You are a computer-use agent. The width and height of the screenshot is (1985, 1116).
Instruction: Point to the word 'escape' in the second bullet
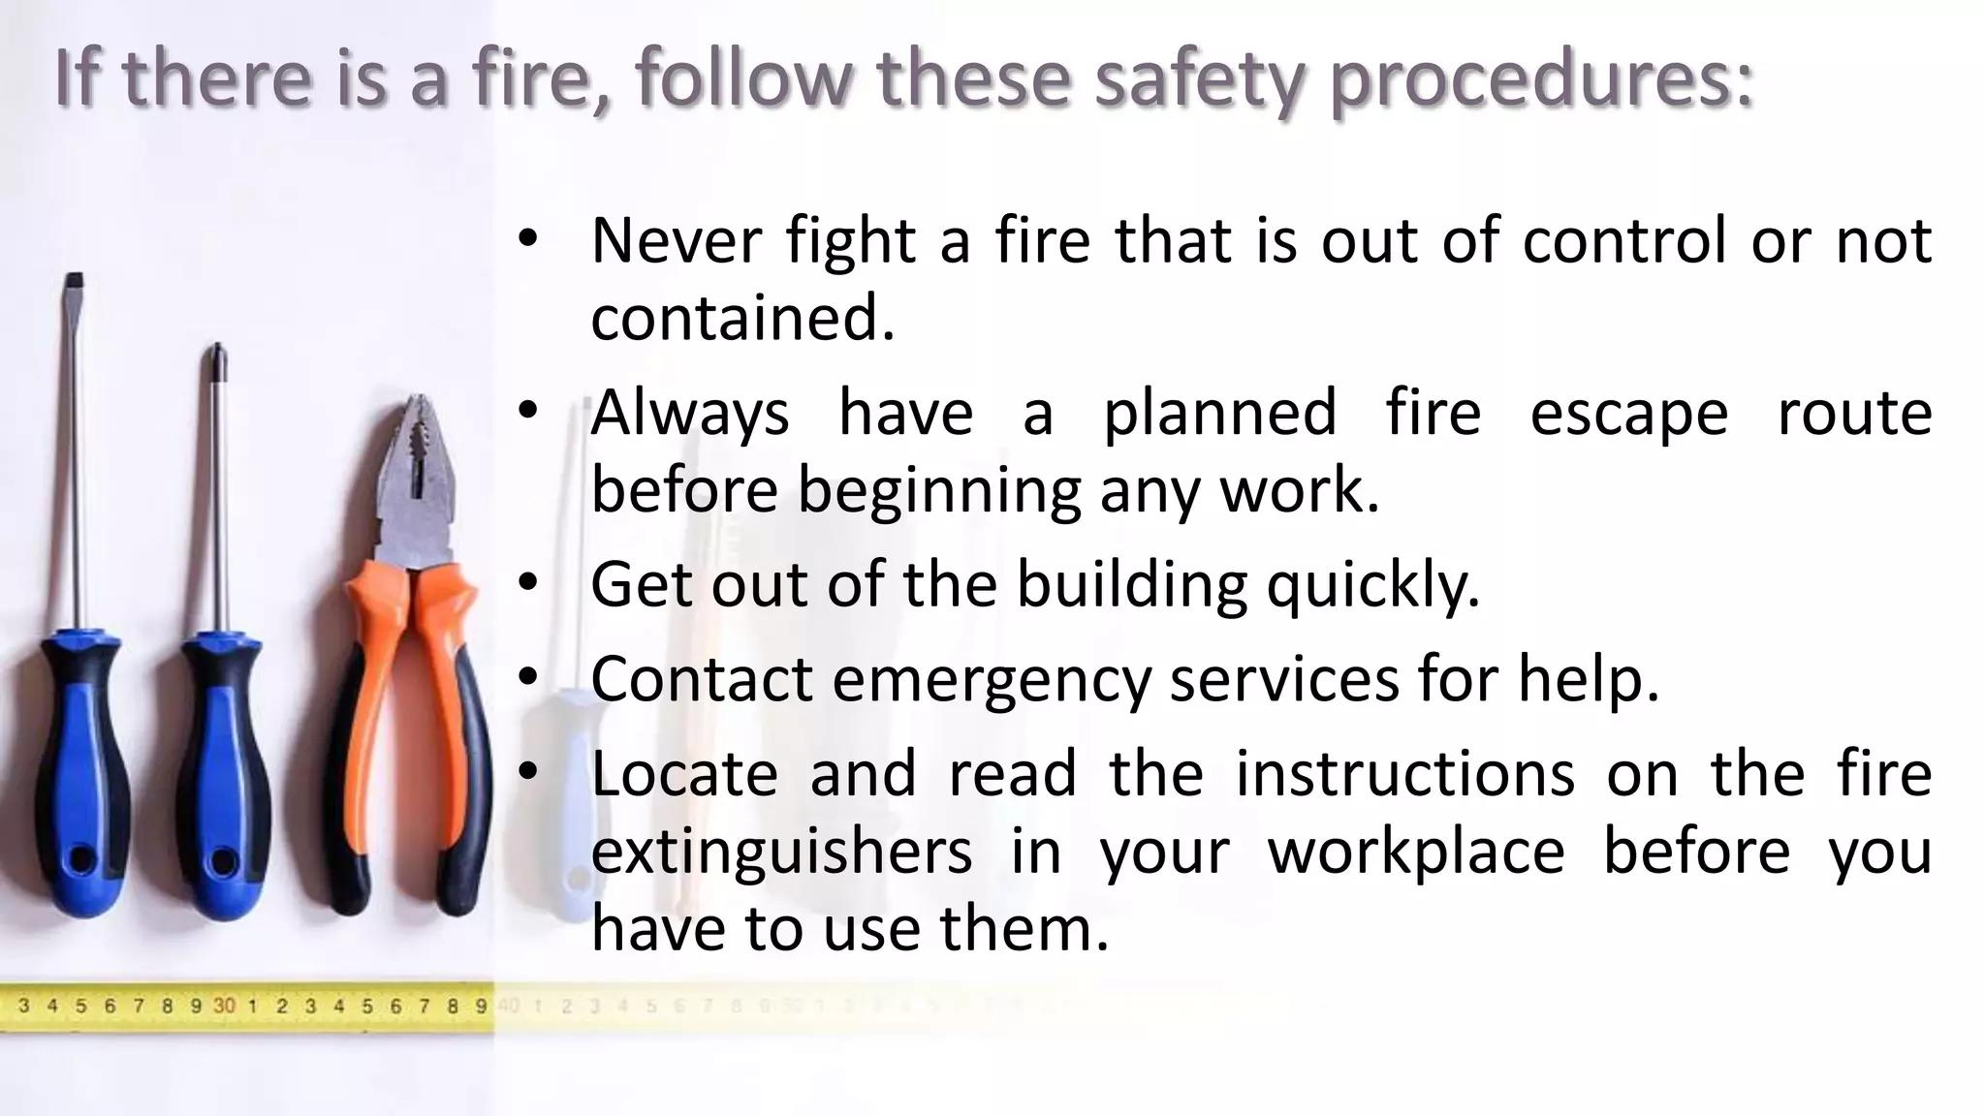tap(1628, 413)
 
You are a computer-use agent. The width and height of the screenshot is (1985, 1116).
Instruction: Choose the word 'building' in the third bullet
tap(1131, 584)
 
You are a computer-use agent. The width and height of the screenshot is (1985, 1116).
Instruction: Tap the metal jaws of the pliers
tap(417, 465)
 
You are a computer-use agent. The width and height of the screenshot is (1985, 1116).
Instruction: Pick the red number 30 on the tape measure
tap(224, 1006)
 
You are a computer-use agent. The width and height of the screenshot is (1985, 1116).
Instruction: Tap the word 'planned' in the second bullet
tap(1219, 413)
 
